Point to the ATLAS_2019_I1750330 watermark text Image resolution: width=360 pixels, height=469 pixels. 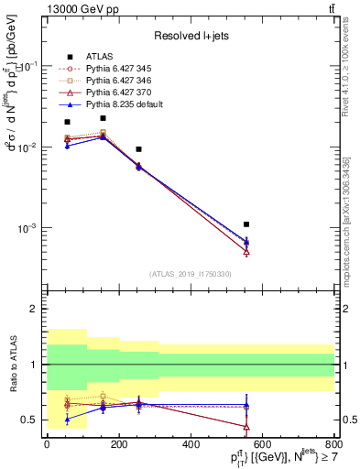click(190, 274)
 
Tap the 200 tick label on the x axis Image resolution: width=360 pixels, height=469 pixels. click(118, 443)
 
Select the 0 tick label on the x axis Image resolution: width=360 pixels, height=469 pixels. click(47, 443)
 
